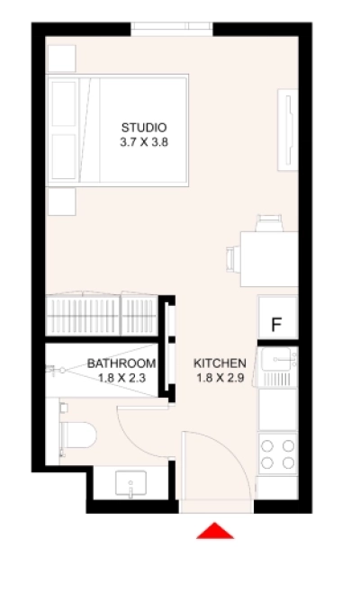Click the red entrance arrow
pos(215,531)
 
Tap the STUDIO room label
pos(144,127)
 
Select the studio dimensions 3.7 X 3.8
pos(144,142)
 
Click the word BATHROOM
pos(121,363)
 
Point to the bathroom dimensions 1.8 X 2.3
pos(121,378)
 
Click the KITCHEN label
pos(220,363)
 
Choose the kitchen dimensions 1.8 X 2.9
pos(220,378)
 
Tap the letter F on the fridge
pos(276,325)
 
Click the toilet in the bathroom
pos(77,435)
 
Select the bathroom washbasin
pos(130,484)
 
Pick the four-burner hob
pos(278,454)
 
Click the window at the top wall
pos(172,29)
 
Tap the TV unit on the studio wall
pos(288,130)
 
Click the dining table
pos(269,259)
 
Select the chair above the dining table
pos(269,223)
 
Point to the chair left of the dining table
pos(233,259)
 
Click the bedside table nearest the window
pos(62,58)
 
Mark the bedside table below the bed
pos(62,202)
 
